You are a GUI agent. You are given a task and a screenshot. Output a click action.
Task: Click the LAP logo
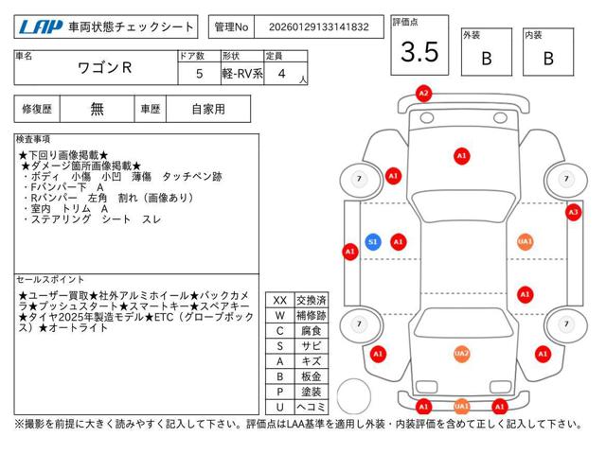41,26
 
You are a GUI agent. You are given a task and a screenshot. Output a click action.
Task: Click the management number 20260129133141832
319,27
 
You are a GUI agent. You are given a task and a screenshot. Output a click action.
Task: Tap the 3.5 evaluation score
419,52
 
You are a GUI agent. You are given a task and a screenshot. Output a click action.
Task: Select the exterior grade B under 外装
487,59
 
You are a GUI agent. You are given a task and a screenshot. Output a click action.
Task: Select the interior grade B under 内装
548,59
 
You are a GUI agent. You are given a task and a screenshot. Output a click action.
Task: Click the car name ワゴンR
105,68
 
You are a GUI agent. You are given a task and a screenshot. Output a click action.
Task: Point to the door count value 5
200,74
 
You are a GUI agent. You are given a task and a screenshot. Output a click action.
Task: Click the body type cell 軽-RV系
242,74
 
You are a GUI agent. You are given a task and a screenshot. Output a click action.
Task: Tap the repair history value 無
97,110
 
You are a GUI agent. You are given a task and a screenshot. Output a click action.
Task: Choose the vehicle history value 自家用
208,110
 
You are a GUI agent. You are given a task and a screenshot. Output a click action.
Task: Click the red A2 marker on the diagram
423,94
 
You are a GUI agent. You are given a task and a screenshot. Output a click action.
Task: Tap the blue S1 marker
373,242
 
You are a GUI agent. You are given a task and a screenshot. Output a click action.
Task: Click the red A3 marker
574,212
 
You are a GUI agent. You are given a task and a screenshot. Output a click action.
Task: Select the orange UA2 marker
461,354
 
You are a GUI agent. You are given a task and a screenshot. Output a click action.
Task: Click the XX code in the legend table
280,301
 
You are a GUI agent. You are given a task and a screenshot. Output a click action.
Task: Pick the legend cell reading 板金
312,376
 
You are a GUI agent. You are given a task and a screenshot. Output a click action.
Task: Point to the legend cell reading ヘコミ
312,407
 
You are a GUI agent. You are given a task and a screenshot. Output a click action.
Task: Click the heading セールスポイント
50,280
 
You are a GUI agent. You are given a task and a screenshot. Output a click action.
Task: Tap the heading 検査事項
33,139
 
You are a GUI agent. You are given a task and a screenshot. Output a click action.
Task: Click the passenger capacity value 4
282,74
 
